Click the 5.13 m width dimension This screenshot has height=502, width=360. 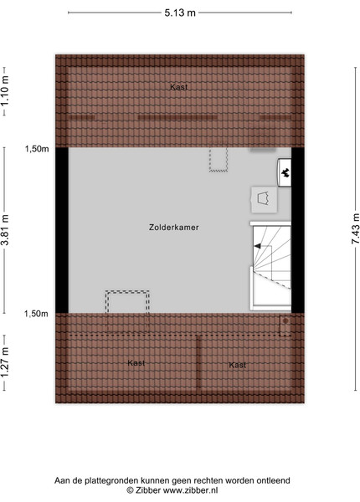pos(180,13)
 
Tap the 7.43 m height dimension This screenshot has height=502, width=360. pos(356,228)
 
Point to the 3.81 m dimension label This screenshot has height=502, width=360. pos(4,230)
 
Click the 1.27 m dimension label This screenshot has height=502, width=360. pos(4,363)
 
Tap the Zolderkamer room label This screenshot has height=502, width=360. pos(174,228)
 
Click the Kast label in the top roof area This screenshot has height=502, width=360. pos(178,87)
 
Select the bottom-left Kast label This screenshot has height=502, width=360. pos(136,363)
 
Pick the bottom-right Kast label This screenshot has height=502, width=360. pos(237,365)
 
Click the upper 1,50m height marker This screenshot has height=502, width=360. pos(37,149)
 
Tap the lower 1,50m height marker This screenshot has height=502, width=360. pos(36,314)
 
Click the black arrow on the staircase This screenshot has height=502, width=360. pos(258,246)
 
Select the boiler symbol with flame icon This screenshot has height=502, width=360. pos(285,173)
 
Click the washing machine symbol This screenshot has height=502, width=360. pos(264,199)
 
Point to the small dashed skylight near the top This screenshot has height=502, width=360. pos(219,159)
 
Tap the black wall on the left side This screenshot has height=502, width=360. pos(62,230)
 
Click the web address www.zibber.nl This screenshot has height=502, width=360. pos(191,490)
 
